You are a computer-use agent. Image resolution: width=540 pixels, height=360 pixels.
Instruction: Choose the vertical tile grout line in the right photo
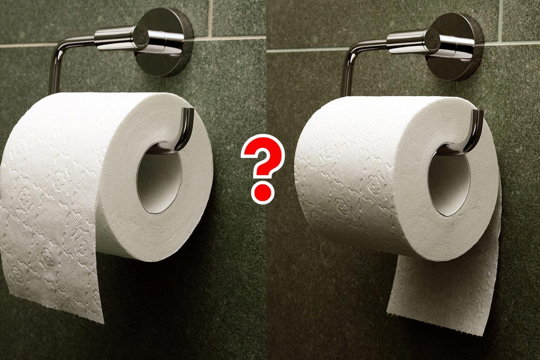(501, 22)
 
